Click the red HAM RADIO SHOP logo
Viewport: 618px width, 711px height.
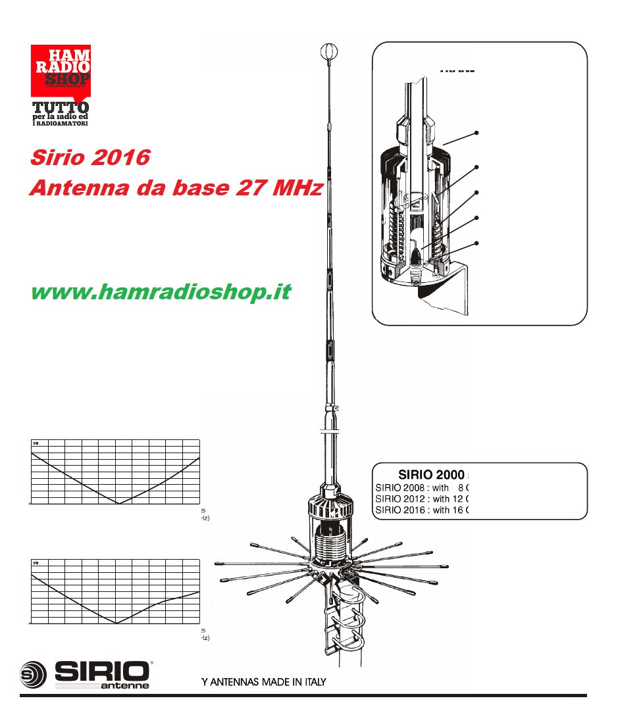point(61,69)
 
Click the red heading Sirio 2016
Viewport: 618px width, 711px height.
point(90,158)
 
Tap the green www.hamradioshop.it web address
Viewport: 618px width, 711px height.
point(161,292)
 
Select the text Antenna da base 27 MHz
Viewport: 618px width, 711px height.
point(176,188)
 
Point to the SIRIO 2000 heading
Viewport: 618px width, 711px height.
point(431,475)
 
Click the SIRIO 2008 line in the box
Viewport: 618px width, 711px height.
point(422,487)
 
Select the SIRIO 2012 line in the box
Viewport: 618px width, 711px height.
point(422,499)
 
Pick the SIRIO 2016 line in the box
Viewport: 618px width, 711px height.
point(422,510)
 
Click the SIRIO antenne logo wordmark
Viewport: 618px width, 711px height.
point(102,674)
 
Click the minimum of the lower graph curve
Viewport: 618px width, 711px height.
point(116,622)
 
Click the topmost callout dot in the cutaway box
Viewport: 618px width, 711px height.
point(476,133)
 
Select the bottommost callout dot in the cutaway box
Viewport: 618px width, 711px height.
point(476,243)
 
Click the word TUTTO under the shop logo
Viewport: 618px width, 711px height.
point(61,108)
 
